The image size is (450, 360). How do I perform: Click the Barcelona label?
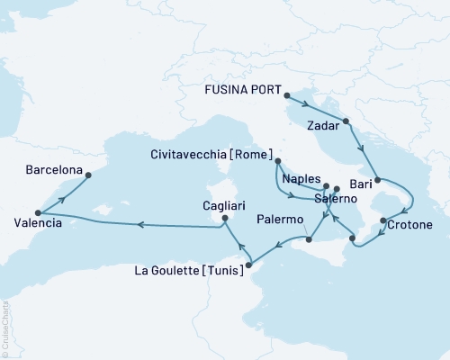(54, 168)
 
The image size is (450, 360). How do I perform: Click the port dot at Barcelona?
(87, 175)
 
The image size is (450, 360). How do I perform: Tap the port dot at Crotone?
(383, 220)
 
